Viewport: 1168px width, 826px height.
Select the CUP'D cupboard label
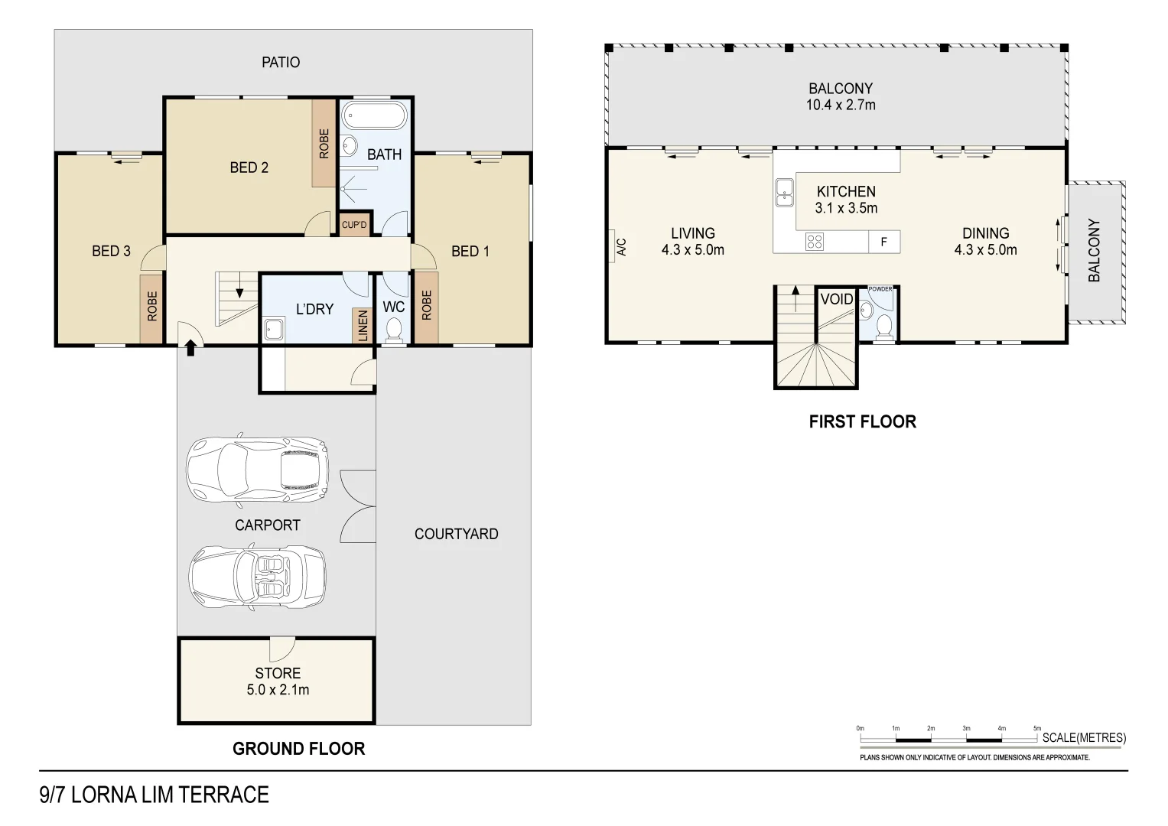[x=354, y=225]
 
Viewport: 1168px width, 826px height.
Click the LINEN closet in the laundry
[x=363, y=325]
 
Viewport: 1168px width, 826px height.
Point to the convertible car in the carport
[x=257, y=577]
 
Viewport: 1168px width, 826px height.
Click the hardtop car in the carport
[x=257, y=469]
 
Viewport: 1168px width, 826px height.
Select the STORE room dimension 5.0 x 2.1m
[x=278, y=690]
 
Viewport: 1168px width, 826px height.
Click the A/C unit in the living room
[x=620, y=246]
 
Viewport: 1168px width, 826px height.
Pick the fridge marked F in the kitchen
[x=884, y=242]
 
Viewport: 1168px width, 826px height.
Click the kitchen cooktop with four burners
[x=815, y=242]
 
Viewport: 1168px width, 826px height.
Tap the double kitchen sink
[x=784, y=193]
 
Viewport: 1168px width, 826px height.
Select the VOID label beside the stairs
[x=836, y=299]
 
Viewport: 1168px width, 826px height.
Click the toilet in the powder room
[x=883, y=327]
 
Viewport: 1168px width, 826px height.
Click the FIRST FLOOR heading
[x=862, y=421]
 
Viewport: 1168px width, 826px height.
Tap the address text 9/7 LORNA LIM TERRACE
[x=154, y=795]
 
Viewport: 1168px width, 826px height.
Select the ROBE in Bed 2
[x=324, y=144]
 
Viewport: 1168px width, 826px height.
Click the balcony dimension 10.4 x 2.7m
[x=840, y=106]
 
